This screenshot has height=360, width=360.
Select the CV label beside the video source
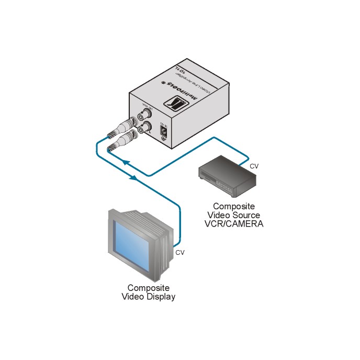(254, 166)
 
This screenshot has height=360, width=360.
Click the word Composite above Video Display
(149, 288)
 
